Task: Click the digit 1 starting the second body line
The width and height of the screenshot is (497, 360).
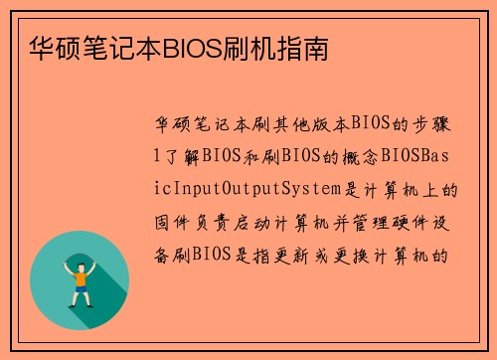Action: coord(154,157)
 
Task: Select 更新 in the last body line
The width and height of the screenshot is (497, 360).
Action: coord(297,253)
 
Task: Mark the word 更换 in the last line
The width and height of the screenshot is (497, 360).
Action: coord(355,253)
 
